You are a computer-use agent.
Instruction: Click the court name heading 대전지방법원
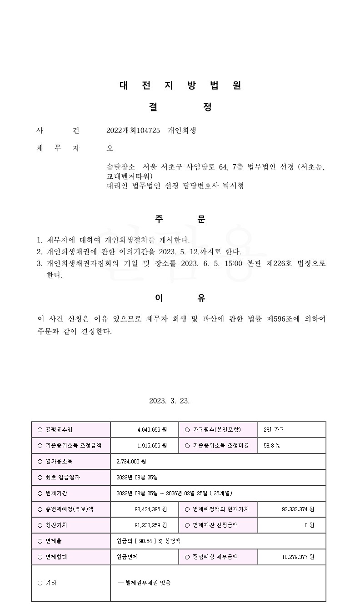pyautogui.click(x=180, y=85)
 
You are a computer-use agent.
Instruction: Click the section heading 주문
pyautogui.click(x=180, y=219)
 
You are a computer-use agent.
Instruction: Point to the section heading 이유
pyautogui.click(x=180, y=298)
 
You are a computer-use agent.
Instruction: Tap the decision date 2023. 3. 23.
pyautogui.click(x=169, y=401)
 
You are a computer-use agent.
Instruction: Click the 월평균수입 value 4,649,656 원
pyautogui.click(x=152, y=430)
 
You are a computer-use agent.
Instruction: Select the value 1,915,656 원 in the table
pyautogui.click(x=152, y=446)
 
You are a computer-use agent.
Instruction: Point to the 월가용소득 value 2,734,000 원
pyautogui.click(x=131, y=462)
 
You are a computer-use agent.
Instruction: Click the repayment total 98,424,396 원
pyautogui.click(x=150, y=509)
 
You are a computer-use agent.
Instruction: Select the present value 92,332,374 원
pyautogui.click(x=298, y=509)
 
